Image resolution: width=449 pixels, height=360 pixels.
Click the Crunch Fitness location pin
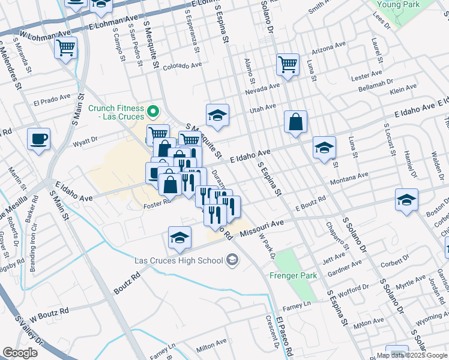tap(153, 110)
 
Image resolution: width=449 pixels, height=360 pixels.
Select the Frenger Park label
tap(289, 276)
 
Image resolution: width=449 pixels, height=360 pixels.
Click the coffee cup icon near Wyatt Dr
tap(39, 140)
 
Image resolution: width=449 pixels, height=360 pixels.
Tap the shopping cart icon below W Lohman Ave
tap(65, 47)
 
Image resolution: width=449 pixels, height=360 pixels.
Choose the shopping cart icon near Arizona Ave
tap(288, 64)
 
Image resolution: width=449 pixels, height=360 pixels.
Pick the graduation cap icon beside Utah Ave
tap(217, 114)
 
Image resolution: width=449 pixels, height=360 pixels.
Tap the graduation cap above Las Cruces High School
tap(179, 238)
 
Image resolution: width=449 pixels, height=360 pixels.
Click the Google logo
tap(20, 353)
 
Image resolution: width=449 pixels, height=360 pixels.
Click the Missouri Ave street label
tap(262, 226)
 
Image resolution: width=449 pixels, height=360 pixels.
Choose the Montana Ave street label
tap(349, 176)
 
